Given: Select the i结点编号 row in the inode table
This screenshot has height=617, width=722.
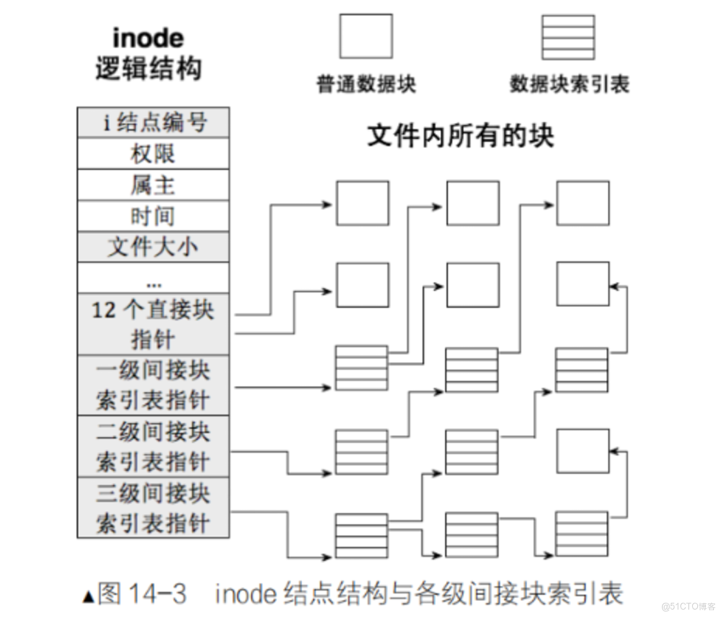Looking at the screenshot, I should pos(153,123).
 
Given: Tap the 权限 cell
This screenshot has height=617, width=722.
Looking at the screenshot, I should pos(153,153).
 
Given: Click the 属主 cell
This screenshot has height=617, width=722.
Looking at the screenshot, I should pos(153,184).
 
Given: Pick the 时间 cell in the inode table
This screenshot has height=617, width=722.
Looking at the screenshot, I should pos(153,216).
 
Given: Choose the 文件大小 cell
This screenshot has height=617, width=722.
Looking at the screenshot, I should pos(153,247).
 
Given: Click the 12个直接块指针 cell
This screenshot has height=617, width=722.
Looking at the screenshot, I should pos(153,324).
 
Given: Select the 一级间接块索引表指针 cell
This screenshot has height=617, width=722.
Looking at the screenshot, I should pos(153,384).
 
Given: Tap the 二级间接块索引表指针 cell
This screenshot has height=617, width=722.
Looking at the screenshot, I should pos(153,446).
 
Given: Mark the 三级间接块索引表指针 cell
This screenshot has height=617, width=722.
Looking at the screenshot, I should pos(153,507).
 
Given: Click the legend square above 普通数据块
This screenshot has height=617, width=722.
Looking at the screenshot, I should pos(365,37).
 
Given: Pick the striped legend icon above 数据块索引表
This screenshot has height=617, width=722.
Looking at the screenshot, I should pos(568,37).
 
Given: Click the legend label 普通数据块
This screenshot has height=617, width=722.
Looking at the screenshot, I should pos(366,84).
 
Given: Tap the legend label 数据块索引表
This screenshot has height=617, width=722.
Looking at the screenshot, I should pos(569,84).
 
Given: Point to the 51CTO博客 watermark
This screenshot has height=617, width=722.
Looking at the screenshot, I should pos(687,605).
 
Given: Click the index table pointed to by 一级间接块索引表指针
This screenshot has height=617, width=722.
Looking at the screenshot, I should pos(361,368).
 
